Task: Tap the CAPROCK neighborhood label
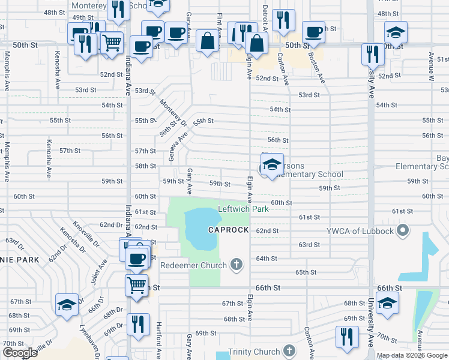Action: tap(228, 230)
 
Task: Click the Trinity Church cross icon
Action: tap(289, 351)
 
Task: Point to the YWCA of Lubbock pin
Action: tap(403, 231)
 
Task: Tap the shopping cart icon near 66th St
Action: tap(136, 284)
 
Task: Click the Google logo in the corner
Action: tap(20, 353)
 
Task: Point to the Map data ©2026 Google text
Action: tap(412, 355)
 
